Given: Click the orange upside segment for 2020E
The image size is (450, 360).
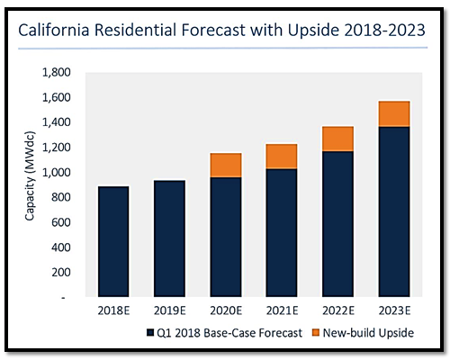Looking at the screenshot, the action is (x=226, y=165).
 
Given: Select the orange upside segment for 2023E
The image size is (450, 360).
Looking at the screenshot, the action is (x=394, y=113).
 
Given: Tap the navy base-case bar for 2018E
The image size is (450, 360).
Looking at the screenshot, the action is (x=113, y=241).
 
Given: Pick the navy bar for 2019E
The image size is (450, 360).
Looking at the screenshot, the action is (x=169, y=238).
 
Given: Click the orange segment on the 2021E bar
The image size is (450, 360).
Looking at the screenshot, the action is (x=282, y=157).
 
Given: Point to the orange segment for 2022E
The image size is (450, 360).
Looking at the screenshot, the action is (x=337, y=139).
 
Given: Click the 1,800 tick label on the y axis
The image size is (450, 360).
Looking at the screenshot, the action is (x=57, y=72).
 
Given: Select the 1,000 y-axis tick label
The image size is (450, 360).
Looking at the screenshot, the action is (x=57, y=173).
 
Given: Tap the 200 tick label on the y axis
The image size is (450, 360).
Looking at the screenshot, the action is (x=61, y=273).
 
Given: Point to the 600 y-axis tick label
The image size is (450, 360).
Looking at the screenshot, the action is (x=61, y=222).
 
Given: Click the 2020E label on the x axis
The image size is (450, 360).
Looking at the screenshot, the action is (x=226, y=310).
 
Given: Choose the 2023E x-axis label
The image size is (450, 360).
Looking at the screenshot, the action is (x=394, y=310).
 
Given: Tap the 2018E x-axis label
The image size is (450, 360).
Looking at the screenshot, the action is (x=113, y=310).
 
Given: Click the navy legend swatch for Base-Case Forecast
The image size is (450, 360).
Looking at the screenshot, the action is (x=150, y=333).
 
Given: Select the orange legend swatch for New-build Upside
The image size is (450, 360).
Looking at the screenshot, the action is (x=316, y=332).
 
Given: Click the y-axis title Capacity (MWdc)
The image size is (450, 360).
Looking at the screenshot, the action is (x=30, y=176).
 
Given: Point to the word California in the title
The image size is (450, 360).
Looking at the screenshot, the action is (x=54, y=31).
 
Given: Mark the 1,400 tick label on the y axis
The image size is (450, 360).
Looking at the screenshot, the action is (x=57, y=122).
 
